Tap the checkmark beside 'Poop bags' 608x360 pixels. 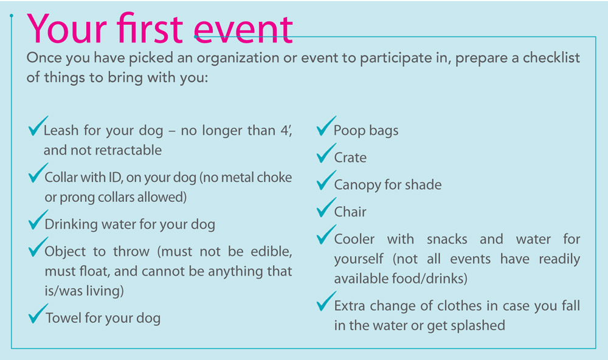[326, 126]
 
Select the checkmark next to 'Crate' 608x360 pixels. [326, 153]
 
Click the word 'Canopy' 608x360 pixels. [357, 185]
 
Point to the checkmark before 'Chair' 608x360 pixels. [326, 207]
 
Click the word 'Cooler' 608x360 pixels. [354, 239]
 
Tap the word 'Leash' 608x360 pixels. [61, 130]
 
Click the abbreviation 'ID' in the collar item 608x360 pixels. [116, 178]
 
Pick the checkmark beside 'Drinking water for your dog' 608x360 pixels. [38, 220]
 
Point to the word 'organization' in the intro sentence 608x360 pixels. [237, 58]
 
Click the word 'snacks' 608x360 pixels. [447, 239]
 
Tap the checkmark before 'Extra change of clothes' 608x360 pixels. [326, 302]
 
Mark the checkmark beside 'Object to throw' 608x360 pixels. [38, 247]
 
